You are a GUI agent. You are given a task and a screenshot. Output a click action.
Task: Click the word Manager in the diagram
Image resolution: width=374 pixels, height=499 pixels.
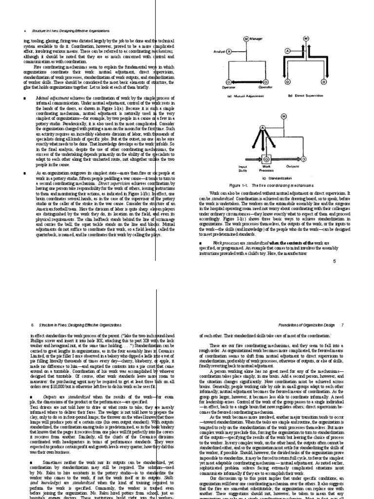pos(258,38)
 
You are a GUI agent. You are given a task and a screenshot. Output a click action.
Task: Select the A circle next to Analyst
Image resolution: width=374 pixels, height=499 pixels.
pos(229,51)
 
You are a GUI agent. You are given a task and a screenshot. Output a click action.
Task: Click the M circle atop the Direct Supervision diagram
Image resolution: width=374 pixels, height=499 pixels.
pos(306,38)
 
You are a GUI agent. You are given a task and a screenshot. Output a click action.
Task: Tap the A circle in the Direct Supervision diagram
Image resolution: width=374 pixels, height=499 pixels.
pos(287,51)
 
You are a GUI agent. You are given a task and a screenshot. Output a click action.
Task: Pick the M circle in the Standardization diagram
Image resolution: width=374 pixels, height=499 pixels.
pos(284,116)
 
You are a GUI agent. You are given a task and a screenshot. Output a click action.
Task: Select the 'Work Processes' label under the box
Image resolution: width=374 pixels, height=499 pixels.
pos(266,168)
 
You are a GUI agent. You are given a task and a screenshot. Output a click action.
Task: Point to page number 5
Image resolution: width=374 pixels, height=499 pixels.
pos(335,261)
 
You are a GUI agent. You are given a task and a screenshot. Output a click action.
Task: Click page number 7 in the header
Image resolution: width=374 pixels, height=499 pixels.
pos(343,324)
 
